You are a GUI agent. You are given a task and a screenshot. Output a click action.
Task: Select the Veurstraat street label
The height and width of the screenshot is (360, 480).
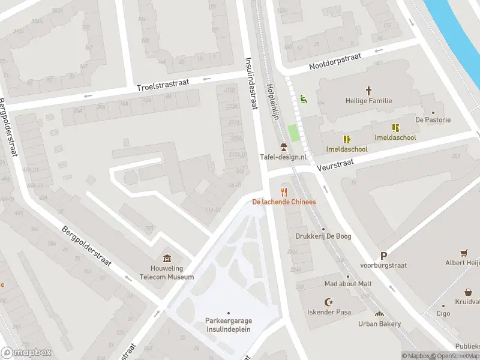click(x=337, y=163)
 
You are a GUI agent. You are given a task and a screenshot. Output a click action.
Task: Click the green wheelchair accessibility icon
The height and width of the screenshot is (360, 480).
click(x=304, y=99)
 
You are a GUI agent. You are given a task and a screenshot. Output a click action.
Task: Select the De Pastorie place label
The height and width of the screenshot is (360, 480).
click(x=433, y=119)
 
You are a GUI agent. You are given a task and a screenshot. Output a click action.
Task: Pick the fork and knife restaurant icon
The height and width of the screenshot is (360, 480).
click(x=284, y=192)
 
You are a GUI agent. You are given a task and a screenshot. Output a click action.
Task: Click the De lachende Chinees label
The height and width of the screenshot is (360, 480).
click(x=284, y=202)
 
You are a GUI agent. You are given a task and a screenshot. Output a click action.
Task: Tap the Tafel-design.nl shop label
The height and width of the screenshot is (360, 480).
click(x=283, y=157)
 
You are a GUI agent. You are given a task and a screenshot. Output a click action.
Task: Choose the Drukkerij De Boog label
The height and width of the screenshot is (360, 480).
click(x=323, y=236)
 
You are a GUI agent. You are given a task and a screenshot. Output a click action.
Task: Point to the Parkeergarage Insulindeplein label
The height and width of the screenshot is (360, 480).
click(x=228, y=324)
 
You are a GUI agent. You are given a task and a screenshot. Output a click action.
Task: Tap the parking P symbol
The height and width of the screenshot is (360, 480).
click(x=383, y=256)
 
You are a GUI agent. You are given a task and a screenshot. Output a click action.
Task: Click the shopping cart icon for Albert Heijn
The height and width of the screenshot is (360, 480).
click(x=463, y=253)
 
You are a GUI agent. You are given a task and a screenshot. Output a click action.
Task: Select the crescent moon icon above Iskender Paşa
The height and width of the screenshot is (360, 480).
click(x=328, y=302)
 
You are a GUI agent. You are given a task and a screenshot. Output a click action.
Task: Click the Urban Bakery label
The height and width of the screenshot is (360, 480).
click(x=379, y=323)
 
